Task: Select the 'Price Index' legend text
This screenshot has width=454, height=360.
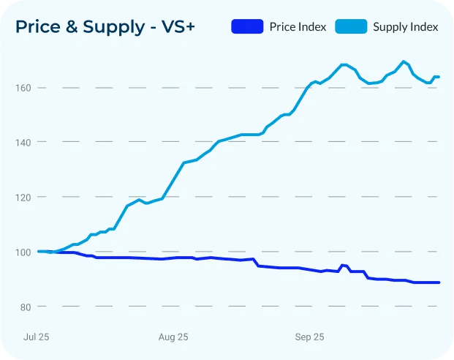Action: pos(298,27)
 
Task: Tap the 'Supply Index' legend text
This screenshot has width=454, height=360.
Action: pos(405,27)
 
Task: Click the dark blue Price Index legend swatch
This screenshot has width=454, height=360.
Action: pos(247,27)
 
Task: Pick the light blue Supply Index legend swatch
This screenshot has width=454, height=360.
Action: pos(351,27)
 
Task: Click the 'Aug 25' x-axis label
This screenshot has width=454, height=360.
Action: pos(173,337)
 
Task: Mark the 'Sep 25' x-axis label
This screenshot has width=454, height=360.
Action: pos(309,337)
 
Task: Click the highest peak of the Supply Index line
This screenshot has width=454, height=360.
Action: pos(404,61)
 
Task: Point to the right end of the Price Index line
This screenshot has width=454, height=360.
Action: pos(439,282)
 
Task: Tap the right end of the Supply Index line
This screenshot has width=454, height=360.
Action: pos(439,77)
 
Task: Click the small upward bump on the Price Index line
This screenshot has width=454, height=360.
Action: pos(342,266)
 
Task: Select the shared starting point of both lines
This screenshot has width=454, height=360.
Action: pos(38,251)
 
